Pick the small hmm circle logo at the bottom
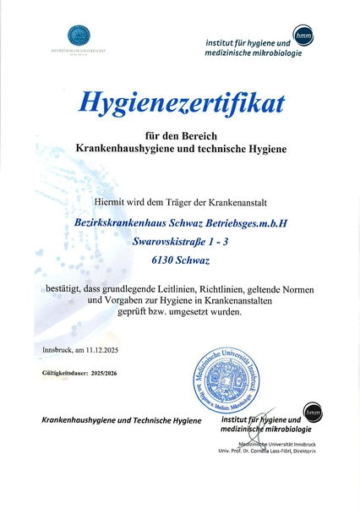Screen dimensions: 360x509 (313, 413)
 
